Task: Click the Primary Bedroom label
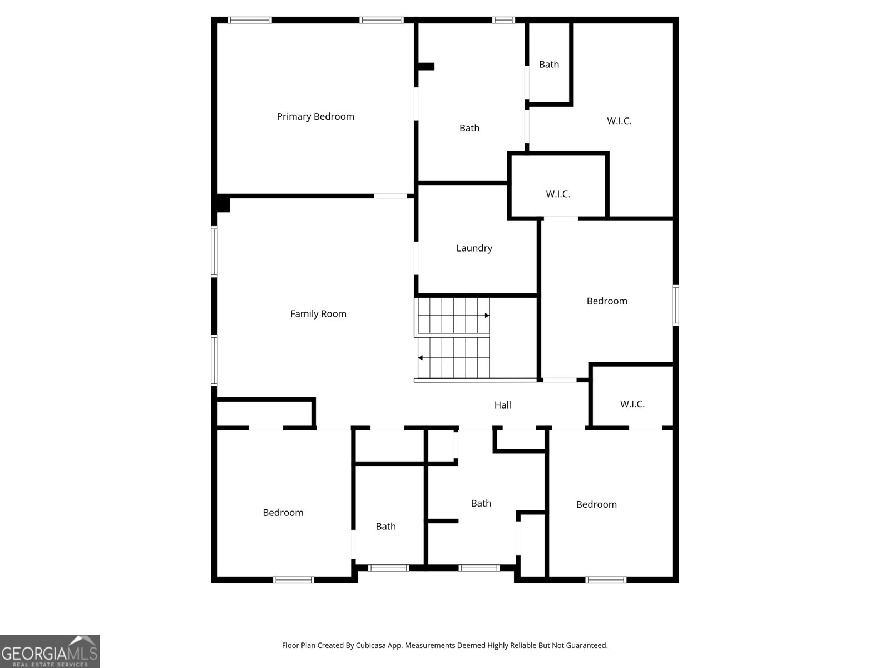click(315, 117)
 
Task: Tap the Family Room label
click(318, 314)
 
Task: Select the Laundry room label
click(474, 248)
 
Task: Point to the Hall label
click(502, 405)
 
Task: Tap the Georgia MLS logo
click(50, 651)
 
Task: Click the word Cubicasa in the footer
click(370, 645)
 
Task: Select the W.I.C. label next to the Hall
click(632, 404)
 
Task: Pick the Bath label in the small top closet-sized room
click(548, 65)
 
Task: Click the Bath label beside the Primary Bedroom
click(469, 128)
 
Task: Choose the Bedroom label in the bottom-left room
click(283, 513)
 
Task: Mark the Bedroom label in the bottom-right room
click(596, 504)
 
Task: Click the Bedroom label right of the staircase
click(607, 301)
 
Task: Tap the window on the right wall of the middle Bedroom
click(675, 306)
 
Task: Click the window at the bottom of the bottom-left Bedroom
click(294, 580)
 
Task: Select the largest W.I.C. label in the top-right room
click(619, 121)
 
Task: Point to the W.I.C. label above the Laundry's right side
click(558, 194)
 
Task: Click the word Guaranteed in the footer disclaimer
click(587, 645)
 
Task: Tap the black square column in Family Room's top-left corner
click(223, 203)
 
